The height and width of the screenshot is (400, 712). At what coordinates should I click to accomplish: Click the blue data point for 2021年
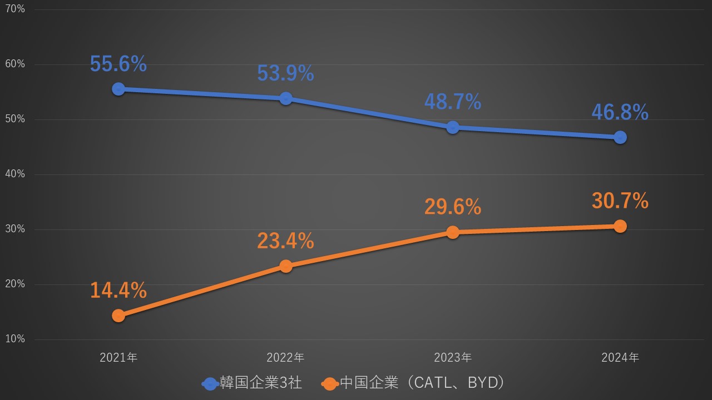tap(118, 89)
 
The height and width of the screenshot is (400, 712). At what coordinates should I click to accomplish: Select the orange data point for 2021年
tap(118, 316)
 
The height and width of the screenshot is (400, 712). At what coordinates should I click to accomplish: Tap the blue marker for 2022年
tap(286, 98)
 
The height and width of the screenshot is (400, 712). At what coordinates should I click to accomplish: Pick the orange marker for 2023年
tap(453, 232)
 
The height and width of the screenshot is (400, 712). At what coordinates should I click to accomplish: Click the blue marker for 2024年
tap(620, 137)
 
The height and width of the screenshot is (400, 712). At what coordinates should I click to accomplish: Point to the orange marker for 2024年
tap(620, 226)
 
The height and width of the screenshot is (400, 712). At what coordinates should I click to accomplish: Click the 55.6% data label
tap(118, 64)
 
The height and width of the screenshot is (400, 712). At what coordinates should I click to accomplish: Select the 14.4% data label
tap(118, 290)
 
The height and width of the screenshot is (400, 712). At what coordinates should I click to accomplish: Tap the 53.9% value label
tap(286, 73)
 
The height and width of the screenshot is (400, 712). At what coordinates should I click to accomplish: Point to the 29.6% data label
tap(453, 207)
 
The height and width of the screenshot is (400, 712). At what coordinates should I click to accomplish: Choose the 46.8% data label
tap(620, 112)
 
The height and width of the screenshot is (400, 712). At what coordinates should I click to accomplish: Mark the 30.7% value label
tap(620, 201)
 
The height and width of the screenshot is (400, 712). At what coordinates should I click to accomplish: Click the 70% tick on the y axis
tap(15, 9)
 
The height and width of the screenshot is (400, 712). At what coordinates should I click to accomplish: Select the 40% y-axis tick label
tap(15, 174)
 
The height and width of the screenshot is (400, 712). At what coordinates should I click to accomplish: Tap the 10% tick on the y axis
tap(15, 339)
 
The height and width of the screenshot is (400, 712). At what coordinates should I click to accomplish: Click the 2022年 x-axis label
tap(286, 358)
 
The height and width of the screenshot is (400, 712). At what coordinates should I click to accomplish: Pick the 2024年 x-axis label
tap(620, 358)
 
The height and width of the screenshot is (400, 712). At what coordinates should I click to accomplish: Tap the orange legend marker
tap(330, 383)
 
